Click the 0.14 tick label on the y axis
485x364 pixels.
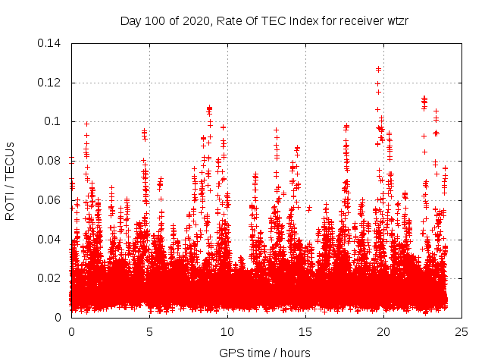tap(51, 43)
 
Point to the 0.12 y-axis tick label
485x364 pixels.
tap(51, 83)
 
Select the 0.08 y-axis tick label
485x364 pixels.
tap(51, 161)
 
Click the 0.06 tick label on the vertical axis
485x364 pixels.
tap(51, 200)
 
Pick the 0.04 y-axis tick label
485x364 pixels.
tap(51, 239)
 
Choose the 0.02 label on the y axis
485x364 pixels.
tap(51, 278)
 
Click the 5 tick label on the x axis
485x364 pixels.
tap(149, 331)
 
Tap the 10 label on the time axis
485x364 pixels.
tap(227, 331)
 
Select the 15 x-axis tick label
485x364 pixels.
tap(305, 331)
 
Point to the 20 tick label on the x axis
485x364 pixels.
tap(383, 331)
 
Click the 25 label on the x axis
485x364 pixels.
tap(462, 331)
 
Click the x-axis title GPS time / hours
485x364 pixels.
tap(264, 353)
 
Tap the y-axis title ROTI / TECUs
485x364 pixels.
tap(10, 180)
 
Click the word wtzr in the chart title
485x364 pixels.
tap(396, 20)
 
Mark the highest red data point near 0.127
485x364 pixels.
tap(378, 69)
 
